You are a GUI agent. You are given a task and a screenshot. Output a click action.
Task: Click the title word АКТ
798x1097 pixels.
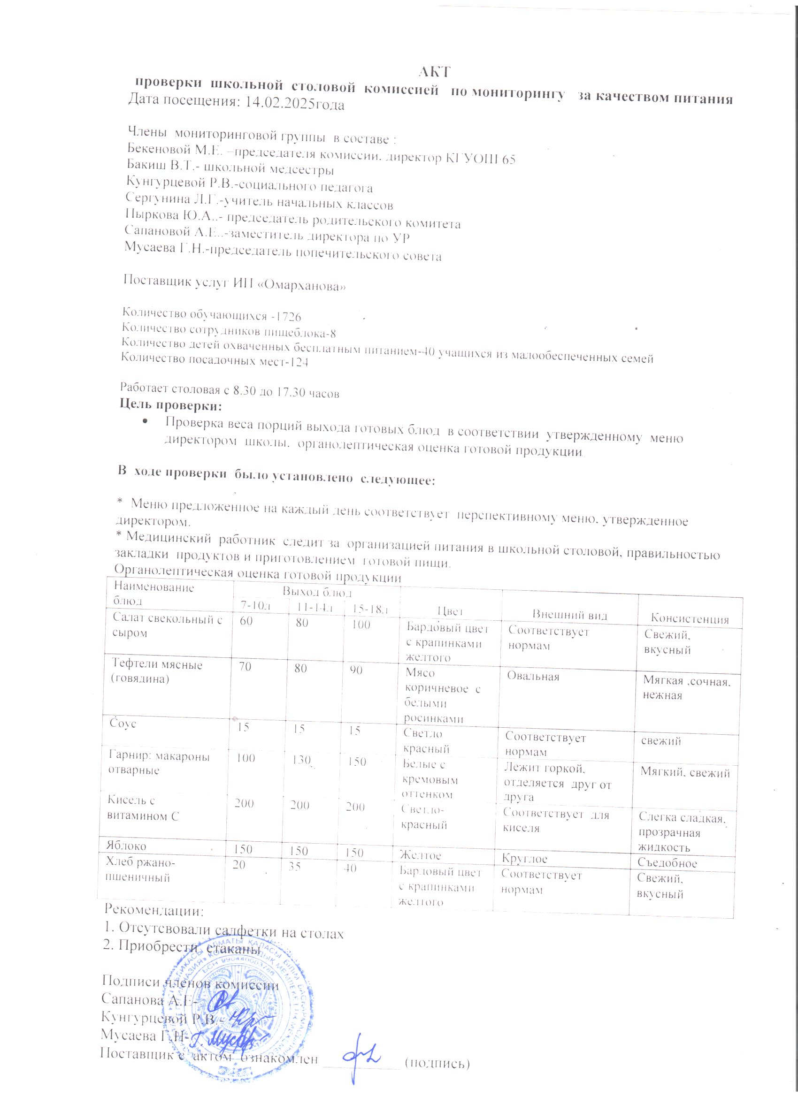click(x=434, y=72)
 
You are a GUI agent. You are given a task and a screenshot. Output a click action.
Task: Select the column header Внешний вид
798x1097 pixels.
click(x=570, y=615)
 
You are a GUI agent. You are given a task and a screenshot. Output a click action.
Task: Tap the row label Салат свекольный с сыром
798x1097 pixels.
click(x=167, y=625)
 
